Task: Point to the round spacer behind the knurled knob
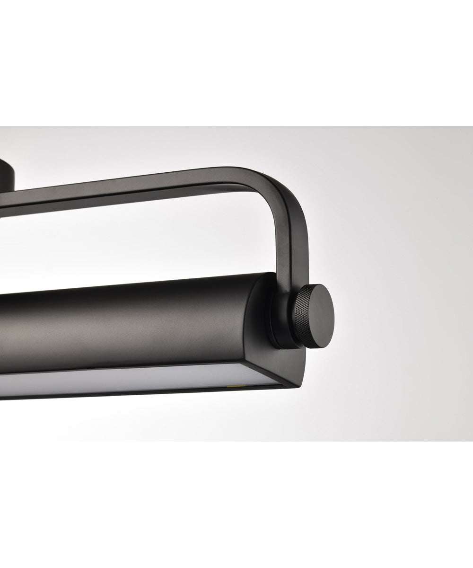coord(279,322)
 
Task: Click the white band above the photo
coord(236,62)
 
